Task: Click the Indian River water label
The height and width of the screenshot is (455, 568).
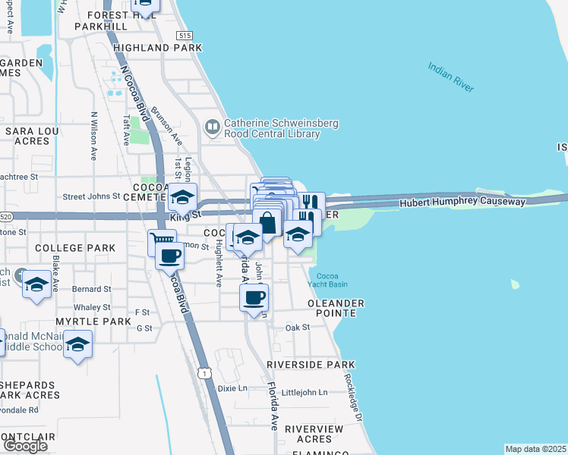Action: (450, 78)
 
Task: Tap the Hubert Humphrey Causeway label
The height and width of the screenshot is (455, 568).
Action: (462, 202)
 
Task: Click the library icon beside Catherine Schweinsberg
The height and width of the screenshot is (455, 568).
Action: (212, 127)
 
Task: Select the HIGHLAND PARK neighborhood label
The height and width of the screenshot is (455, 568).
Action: (157, 48)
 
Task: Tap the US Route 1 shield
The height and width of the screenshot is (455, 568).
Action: (203, 372)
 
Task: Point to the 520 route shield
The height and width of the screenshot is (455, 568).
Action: (5, 216)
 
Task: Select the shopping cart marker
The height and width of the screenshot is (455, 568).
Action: (162, 242)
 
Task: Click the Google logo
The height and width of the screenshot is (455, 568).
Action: (25, 446)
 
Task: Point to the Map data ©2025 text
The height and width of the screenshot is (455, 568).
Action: (535, 449)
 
